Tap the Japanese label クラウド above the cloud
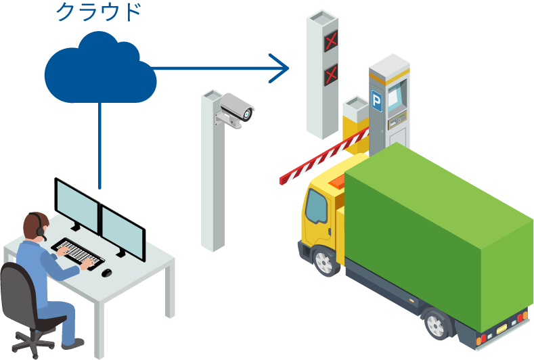(97, 12)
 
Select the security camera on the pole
(238, 108)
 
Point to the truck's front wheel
(326, 261)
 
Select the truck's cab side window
(316, 207)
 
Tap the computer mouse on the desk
(106, 273)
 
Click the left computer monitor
(76, 206)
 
